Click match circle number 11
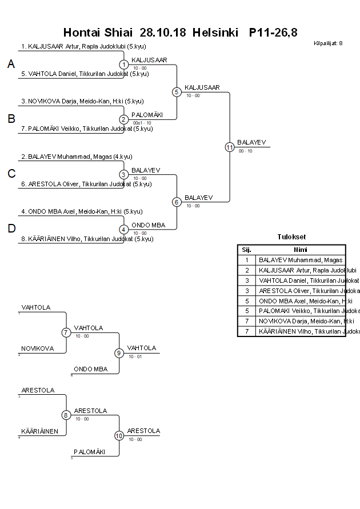[230, 147]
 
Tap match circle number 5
[177, 92]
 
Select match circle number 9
[119, 353]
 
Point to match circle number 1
[124, 65]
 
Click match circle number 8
[66, 415]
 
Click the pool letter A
[11, 65]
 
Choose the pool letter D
[11, 229]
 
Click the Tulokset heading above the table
[291, 237]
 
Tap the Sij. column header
[246, 250]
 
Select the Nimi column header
[300, 250]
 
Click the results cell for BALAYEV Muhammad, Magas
[300, 260]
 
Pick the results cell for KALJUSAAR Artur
[300, 270]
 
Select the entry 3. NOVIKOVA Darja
[82, 101]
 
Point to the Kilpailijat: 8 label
[328, 43]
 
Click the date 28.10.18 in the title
[163, 33]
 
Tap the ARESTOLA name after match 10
[143, 431]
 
